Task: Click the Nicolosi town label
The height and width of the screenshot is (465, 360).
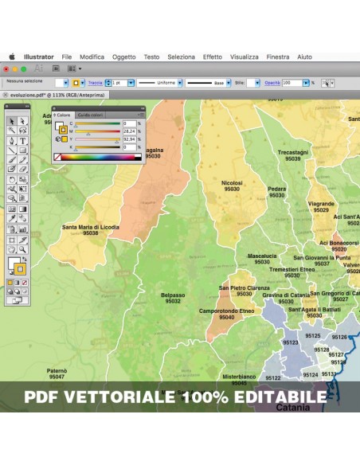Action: pos(233,183)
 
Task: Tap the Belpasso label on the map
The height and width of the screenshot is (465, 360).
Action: pos(173,295)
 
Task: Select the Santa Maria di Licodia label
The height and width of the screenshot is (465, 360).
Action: pos(91,227)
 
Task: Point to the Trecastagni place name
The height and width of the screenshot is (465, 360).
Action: pos(293,152)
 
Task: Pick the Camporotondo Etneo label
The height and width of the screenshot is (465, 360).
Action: pos(226,311)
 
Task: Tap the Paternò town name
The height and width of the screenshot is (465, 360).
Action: pos(57,370)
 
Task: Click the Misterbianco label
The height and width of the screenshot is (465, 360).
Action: pos(239,376)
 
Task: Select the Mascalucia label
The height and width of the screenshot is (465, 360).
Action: pos(262,256)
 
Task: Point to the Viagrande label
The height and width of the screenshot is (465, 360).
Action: pos(322,204)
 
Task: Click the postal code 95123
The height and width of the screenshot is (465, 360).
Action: pos(291,343)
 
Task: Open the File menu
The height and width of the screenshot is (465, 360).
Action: pos(67,57)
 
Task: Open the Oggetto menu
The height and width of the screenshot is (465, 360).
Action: pos(123,57)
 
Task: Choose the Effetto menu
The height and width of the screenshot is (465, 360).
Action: pos(213,57)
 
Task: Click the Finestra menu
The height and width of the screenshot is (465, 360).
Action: pos(278,57)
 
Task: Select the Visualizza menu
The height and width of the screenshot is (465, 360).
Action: pos(245,57)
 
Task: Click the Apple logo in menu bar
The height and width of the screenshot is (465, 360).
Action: pos(12,57)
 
